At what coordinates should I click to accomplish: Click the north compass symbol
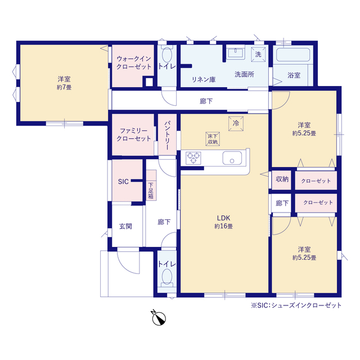(x=159, y=318)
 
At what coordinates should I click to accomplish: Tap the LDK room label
(x=223, y=218)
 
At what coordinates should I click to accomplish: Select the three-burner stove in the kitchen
(x=193, y=158)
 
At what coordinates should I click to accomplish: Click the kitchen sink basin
(x=232, y=158)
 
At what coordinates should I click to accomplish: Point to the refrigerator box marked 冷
(x=236, y=124)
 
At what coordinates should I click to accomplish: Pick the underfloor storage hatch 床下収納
(x=213, y=139)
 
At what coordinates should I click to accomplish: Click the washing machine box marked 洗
(x=258, y=55)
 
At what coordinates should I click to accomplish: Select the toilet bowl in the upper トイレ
(x=167, y=55)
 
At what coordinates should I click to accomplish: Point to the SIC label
(x=123, y=182)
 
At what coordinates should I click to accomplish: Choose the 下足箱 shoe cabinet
(x=151, y=185)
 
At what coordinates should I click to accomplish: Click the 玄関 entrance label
(x=125, y=226)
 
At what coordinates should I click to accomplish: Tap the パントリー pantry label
(x=167, y=136)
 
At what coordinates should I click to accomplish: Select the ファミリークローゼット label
(x=134, y=134)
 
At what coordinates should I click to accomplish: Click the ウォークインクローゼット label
(x=134, y=62)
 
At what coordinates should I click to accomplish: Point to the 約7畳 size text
(x=64, y=87)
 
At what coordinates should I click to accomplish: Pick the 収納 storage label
(x=282, y=179)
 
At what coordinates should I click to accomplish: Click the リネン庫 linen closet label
(x=204, y=80)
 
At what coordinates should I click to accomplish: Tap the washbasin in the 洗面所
(x=236, y=53)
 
